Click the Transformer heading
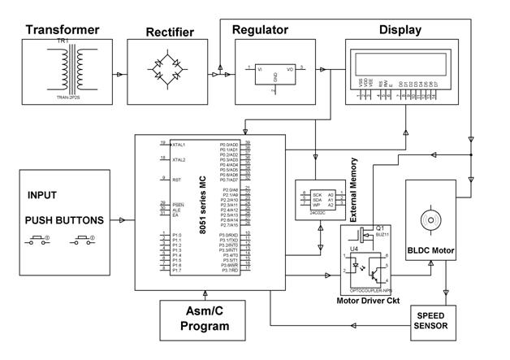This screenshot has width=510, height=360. [63, 30]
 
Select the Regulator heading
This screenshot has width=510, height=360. [260, 30]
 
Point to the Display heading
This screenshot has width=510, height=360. [400, 30]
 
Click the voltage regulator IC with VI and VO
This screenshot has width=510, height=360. [276, 72]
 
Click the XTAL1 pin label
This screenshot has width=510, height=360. [178, 144]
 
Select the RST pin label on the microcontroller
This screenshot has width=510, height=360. [176, 180]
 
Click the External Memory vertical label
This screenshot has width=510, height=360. [354, 190]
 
